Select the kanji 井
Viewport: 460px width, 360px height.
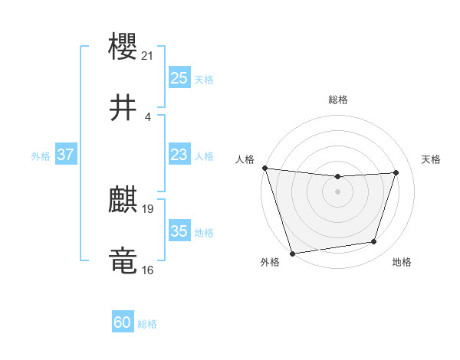[x=123, y=107]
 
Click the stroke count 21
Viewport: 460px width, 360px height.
[x=148, y=55]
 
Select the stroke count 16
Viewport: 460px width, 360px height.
[x=148, y=270]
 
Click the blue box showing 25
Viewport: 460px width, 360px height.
[x=179, y=78]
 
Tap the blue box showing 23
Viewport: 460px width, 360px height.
[x=179, y=155]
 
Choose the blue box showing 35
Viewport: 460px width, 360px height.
[x=179, y=231]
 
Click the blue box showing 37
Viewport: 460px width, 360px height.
[x=65, y=155]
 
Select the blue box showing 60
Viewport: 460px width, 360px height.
[x=122, y=323]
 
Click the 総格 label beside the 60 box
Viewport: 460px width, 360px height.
[x=147, y=324]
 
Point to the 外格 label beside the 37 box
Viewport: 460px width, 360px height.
[x=41, y=155]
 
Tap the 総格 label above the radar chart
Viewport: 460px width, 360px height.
[x=337, y=100]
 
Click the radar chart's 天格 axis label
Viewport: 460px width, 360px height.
[x=432, y=159]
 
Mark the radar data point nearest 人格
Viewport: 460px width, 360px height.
[x=264, y=168]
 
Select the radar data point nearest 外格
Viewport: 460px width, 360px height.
[x=292, y=253]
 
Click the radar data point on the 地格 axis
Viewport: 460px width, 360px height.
[x=374, y=242]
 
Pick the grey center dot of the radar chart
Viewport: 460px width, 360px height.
[x=337, y=191]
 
